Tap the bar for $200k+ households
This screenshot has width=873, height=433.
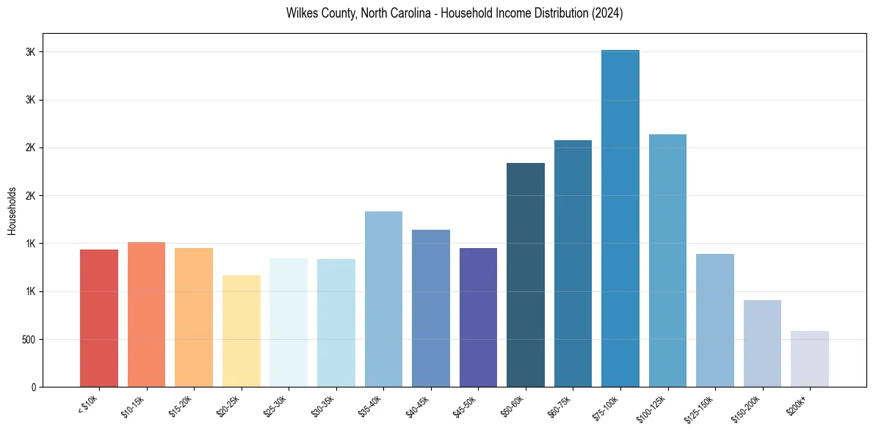(809, 359)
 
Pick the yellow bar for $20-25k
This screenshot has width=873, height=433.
(241, 331)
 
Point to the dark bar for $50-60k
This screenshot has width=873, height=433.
(525, 274)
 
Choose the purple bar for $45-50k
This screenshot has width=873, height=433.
(478, 317)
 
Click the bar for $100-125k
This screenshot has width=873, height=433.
(667, 261)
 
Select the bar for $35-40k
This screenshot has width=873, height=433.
(383, 299)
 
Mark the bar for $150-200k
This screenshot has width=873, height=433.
(762, 343)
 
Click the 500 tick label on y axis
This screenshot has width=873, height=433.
(29, 340)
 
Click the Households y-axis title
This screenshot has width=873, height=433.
(12, 211)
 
